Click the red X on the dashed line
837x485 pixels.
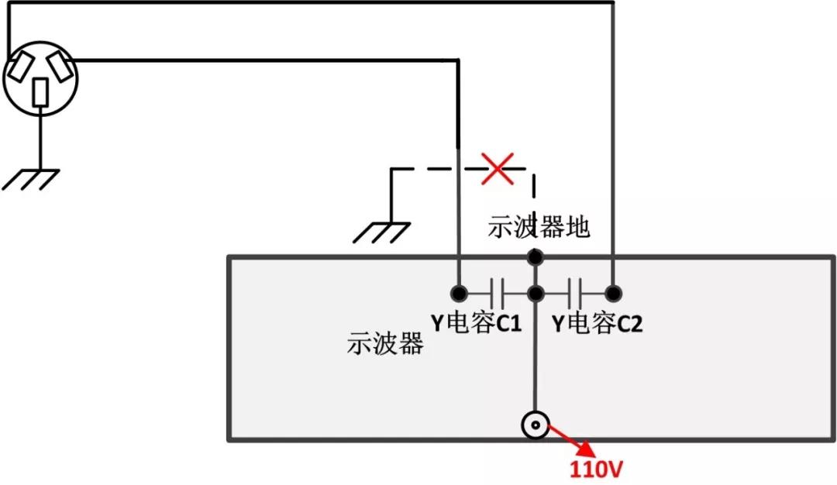[x=498, y=168]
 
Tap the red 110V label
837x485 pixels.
[x=597, y=469]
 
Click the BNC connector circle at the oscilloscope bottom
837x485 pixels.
[x=535, y=425]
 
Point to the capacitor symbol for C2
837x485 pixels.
[x=574, y=293]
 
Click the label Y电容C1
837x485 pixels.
[x=476, y=322]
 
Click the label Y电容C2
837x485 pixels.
[x=597, y=322]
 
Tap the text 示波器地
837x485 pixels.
[x=539, y=226]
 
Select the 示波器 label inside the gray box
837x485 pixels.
[x=384, y=343]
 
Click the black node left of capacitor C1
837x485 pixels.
[x=459, y=293]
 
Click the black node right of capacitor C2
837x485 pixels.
[x=613, y=293]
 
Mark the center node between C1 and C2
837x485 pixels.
[x=535, y=293]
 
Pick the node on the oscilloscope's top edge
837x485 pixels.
[x=534, y=256]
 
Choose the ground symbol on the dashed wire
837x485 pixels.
[x=383, y=232]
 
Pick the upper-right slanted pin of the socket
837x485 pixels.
[x=60, y=67]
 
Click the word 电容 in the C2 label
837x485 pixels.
[x=594, y=322]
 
